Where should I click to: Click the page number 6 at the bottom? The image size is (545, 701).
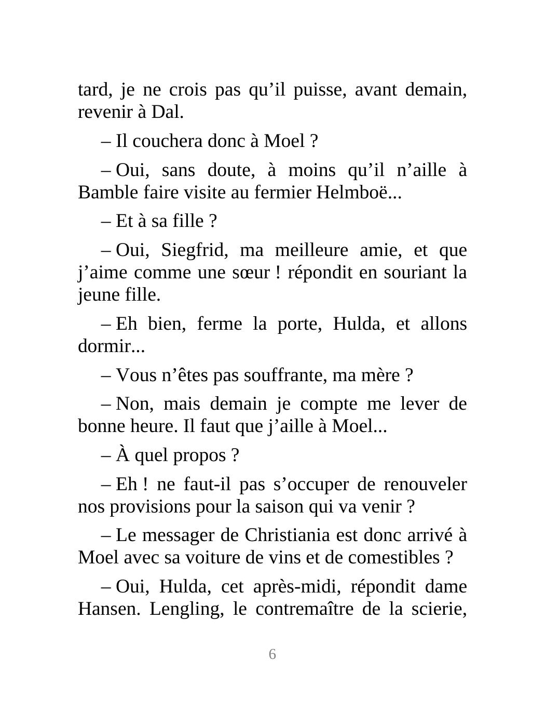[272, 654]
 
